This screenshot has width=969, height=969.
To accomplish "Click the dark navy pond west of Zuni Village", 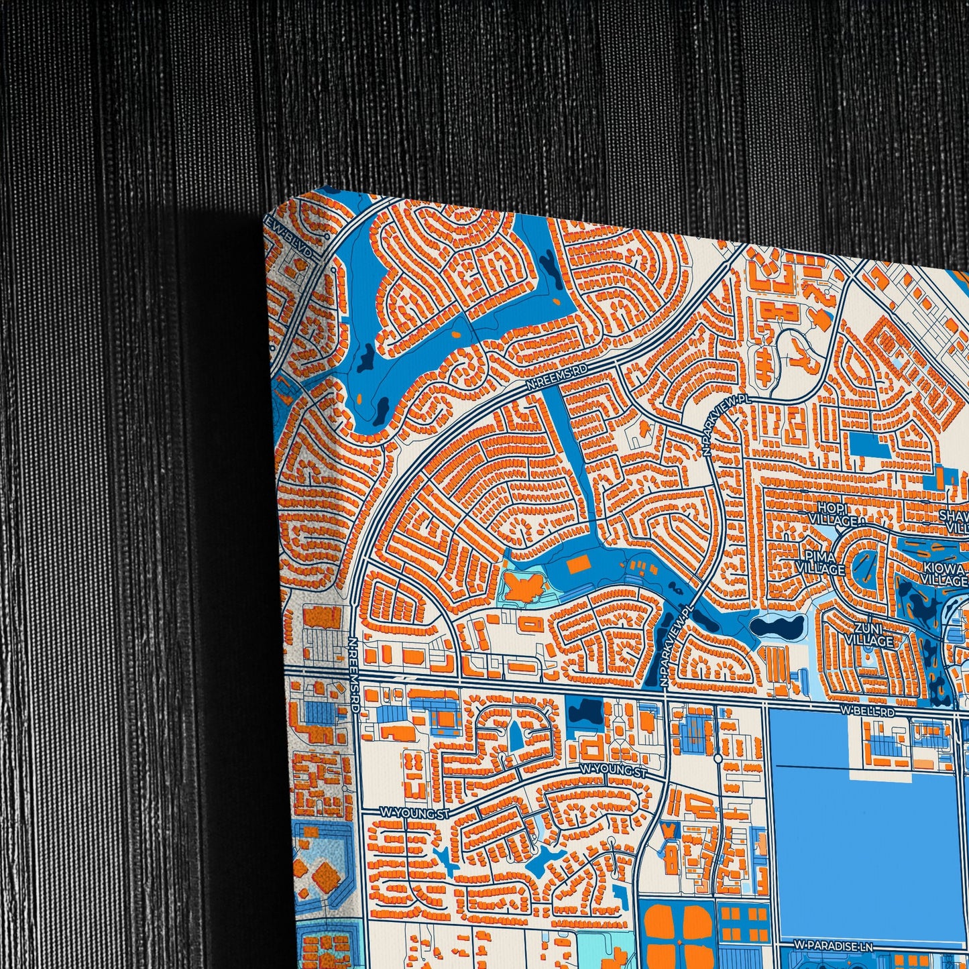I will pos(777,628).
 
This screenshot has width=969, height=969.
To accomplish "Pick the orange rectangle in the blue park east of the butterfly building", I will pos(578,565).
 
